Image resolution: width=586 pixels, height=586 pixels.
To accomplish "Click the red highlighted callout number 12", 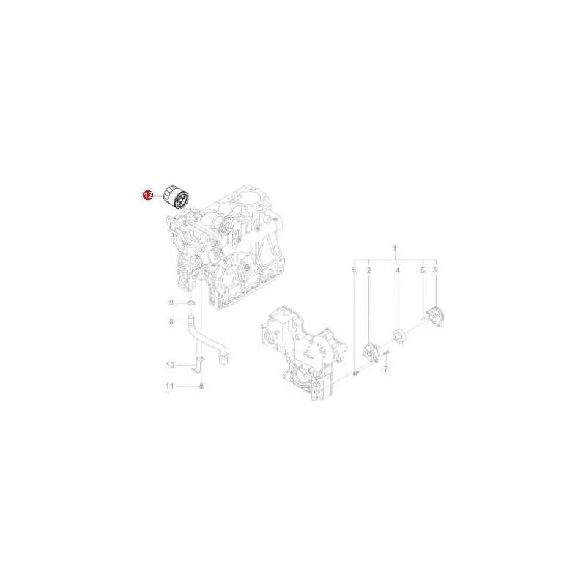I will point(147,196).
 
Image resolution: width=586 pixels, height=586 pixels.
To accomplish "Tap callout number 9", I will point(171,303).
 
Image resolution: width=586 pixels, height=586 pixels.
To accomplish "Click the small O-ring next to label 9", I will point(189,303).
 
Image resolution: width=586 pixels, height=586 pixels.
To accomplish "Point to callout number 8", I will point(171,321).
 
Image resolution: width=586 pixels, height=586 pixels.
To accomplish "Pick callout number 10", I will point(170,364).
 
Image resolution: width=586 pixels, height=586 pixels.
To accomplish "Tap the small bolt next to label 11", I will point(201,385).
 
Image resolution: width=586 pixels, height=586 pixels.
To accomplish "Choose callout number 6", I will point(354,270).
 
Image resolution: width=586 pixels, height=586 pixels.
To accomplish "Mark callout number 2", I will point(368,270).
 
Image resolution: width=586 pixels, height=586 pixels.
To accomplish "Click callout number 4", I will point(398,270).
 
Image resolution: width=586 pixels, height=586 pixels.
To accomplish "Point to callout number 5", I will point(422,270).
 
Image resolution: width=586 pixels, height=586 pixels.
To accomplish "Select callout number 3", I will point(434,270).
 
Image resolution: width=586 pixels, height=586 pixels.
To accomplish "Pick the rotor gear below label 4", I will point(399,336).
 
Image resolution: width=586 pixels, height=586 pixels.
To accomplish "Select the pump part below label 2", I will point(371,351).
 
